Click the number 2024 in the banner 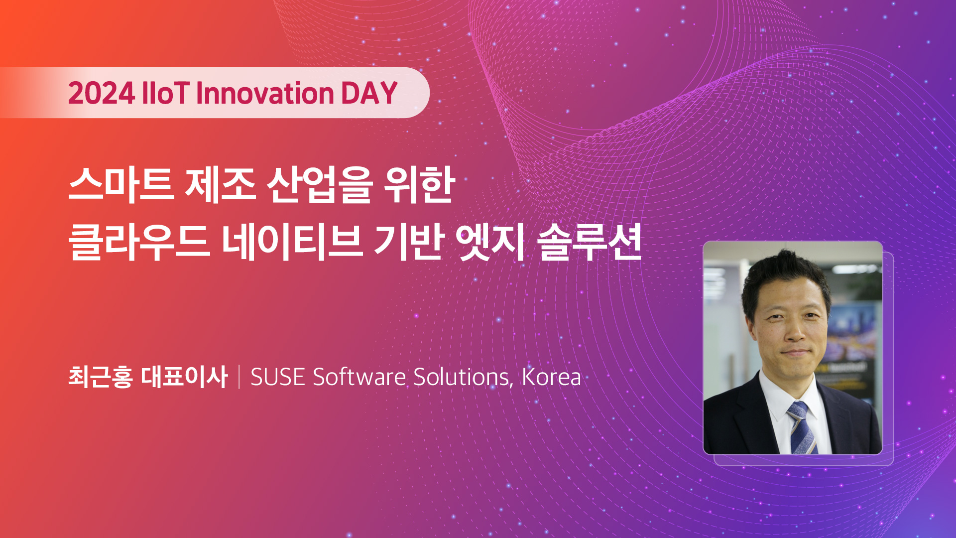point(102,93)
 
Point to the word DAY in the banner point(369,93)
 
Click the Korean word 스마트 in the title point(121,185)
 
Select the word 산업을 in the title point(319,185)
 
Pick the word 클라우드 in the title point(139,243)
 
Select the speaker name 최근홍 point(101,377)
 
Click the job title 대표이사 point(184,377)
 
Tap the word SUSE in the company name point(278,377)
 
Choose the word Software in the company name point(359,377)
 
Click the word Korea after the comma point(551,377)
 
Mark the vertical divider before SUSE point(239,377)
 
